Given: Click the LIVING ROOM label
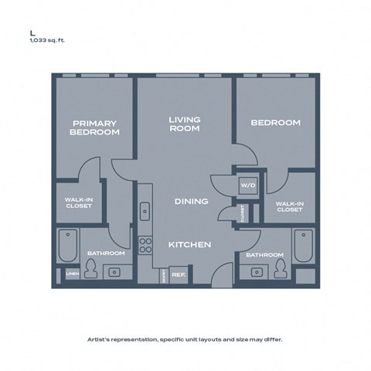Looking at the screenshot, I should pos(185,124).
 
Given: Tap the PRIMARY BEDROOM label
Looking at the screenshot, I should pos(94,128).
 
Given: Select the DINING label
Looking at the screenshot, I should pos(191,202).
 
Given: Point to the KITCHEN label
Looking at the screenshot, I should pos(190,244).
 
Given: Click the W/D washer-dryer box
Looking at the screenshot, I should pos(248,185).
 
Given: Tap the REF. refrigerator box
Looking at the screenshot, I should pos(178,274).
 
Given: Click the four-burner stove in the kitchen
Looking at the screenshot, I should pos(145,245).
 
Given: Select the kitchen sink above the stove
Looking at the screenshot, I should pos(145,210).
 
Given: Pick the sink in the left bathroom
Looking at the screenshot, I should pos(115,272).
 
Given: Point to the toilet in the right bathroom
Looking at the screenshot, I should pos(279,268).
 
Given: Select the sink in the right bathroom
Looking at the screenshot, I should pos(255,271).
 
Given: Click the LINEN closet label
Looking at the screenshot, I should pos(72,274).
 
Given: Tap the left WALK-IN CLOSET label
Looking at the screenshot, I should pos(78,203).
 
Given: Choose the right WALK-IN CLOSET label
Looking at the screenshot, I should pos(289,206).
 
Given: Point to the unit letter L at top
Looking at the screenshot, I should pos(32,32).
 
